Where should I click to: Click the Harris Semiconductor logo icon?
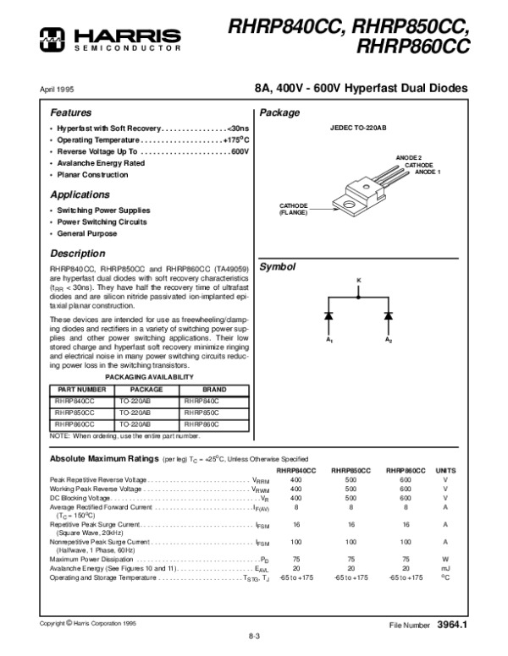point(53,36)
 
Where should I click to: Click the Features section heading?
point(71,112)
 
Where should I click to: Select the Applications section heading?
point(80,194)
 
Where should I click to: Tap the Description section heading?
point(77,253)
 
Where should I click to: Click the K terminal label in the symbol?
point(358,279)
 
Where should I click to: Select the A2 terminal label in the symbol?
point(389,340)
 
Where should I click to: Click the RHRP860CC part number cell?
point(75,424)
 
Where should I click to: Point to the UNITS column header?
point(445,469)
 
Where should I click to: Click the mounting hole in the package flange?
point(347,202)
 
